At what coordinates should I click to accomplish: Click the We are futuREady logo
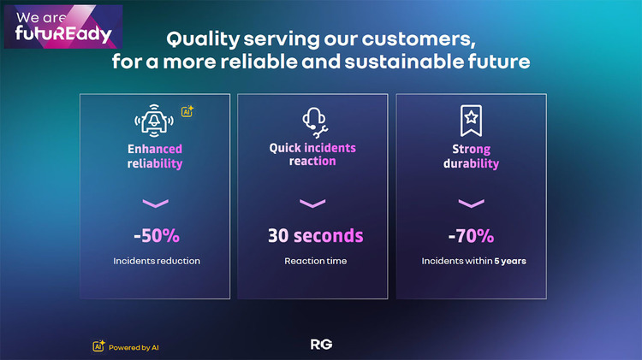63,27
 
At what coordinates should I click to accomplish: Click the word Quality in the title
203,39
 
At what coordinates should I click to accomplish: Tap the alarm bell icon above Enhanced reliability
154,121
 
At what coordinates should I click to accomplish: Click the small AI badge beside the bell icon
187,111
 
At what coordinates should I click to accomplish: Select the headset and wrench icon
315,123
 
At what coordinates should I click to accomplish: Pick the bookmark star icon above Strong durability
472,121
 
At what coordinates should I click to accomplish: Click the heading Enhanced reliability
155,156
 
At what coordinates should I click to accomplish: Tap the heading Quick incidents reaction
312,154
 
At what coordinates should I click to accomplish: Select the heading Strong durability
472,156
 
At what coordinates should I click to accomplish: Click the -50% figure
157,236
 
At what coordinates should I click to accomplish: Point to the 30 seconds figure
315,236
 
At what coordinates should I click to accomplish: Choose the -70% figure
472,236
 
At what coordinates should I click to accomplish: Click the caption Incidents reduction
157,261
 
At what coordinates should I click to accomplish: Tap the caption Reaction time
316,261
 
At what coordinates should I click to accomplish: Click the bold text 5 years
510,261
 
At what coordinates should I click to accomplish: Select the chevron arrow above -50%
156,203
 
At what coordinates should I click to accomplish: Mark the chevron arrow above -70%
472,203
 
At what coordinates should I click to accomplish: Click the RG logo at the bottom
321,345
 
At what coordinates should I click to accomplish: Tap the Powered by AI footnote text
134,348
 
